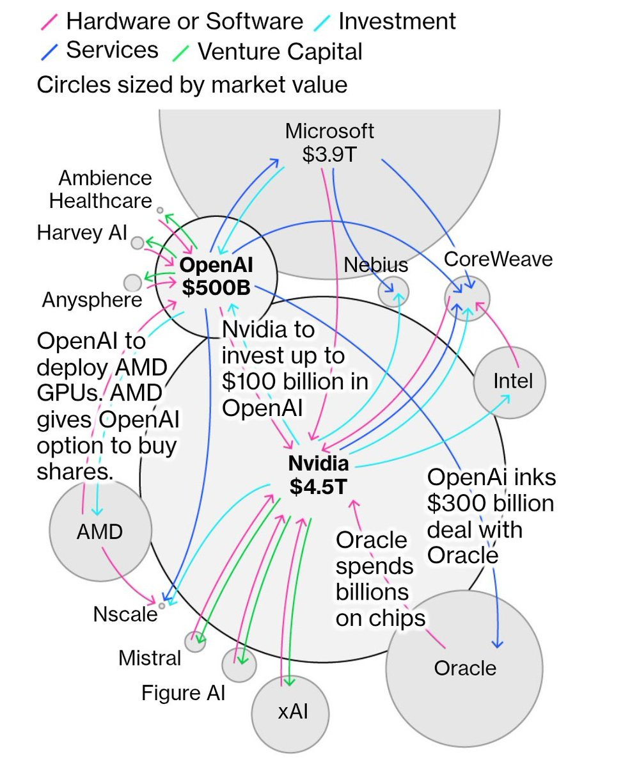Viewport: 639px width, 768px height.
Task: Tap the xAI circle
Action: (x=293, y=712)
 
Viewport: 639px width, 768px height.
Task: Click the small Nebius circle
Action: (x=393, y=292)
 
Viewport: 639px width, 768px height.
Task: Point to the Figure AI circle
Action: (x=239, y=664)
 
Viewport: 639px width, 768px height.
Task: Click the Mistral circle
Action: (x=195, y=641)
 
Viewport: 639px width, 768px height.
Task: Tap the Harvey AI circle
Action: (x=138, y=243)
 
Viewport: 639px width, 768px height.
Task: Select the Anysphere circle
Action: (x=132, y=282)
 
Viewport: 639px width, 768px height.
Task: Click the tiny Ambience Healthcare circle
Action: (x=160, y=210)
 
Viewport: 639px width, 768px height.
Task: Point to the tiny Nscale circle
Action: (x=162, y=605)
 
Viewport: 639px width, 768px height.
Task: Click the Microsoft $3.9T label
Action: (x=329, y=143)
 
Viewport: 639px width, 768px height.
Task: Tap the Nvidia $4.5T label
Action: (x=318, y=474)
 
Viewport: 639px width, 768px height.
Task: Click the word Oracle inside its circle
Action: (x=465, y=668)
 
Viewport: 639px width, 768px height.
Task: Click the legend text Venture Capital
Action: (x=280, y=52)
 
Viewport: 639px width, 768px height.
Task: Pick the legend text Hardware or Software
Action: (x=184, y=21)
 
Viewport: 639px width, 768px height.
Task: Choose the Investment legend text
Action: (x=397, y=21)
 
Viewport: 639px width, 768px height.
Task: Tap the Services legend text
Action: (x=112, y=50)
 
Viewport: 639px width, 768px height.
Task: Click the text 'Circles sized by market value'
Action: (x=192, y=84)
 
